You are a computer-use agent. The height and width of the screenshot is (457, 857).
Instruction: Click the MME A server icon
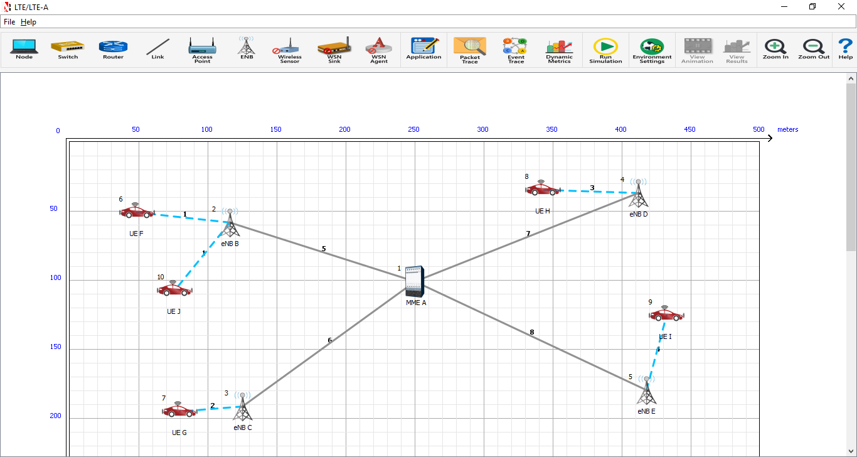(414, 281)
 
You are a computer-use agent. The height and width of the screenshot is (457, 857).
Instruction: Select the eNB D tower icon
(638, 193)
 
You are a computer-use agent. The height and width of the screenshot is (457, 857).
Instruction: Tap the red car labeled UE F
(137, 211)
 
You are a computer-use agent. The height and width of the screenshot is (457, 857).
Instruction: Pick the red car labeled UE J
(174, 289)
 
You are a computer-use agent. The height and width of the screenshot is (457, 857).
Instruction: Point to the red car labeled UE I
(666, 314)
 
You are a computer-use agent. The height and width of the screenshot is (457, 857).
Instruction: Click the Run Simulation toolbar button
(605, 50)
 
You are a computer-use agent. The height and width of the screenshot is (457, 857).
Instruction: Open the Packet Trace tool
(470, 50)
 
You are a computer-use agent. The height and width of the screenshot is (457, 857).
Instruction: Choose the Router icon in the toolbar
(113, 49)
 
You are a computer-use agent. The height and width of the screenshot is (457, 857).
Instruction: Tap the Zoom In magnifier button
(775, 49)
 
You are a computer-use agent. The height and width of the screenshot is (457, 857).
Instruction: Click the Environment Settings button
(652, 50)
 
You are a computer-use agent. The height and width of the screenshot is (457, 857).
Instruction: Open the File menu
(9, 22)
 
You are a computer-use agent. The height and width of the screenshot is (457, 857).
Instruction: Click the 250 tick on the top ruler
(414, 129)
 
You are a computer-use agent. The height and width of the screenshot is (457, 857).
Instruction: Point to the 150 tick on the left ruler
(56, 347)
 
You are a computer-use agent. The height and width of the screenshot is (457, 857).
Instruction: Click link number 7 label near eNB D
(528, 234)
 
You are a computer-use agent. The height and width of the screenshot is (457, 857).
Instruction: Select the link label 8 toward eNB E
(532, 332)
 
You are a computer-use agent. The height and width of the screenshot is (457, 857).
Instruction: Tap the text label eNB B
(230, 244)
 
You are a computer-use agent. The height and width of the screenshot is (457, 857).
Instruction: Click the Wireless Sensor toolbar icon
(290, 49)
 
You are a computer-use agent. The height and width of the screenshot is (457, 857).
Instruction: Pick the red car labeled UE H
(542, 188)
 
